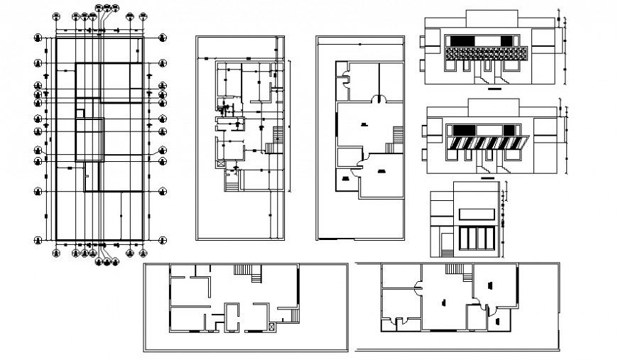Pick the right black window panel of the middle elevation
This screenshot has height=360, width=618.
510,129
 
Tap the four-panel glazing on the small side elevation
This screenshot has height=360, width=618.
477,239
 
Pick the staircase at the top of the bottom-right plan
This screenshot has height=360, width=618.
452,269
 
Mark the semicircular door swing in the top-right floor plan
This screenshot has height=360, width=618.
376,99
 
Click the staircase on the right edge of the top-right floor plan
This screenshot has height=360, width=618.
398,132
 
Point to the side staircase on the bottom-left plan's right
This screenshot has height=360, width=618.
293,315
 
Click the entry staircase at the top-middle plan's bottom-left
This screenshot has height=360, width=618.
231,182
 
